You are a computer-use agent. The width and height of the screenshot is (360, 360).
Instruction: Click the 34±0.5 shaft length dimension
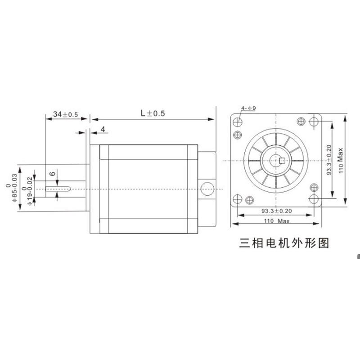coord(66,114)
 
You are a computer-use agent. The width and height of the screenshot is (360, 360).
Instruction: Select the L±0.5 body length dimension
coord(153,114)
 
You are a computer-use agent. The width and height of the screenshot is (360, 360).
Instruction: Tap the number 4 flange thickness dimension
coord(103,130)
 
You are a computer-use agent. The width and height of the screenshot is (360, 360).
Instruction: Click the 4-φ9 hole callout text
coord(248,108)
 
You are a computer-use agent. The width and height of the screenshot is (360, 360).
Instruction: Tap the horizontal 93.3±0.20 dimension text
coord(276,211)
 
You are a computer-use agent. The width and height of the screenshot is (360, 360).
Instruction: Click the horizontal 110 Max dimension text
coord(276,221)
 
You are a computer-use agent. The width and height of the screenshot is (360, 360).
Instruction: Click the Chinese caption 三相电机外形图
coord(284,243)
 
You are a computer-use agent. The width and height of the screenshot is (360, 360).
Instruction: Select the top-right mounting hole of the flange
coord(315,121)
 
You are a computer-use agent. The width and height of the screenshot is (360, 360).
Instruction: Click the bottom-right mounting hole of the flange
coord(315,198)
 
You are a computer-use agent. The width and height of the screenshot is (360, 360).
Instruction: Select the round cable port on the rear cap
coord(207,188)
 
